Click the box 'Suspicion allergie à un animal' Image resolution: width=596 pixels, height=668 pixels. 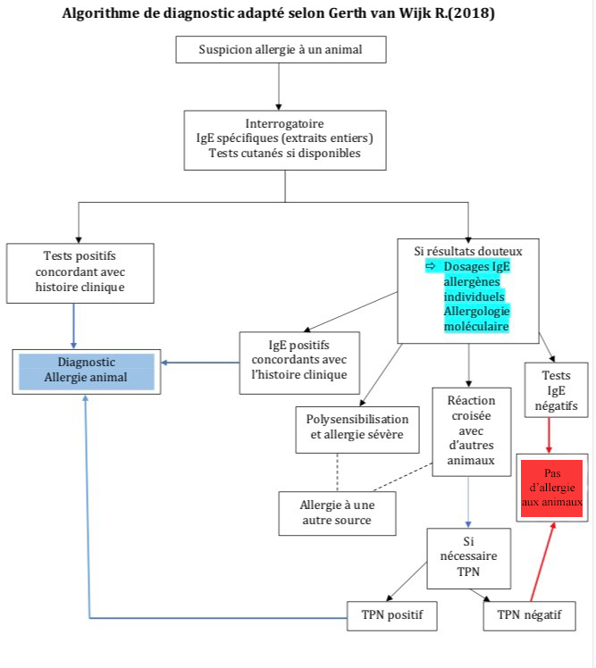(x=281, y=49)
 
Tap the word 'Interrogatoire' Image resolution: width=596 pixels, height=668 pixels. (x=284, y=123)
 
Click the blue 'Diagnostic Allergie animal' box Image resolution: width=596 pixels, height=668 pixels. (x=86, y=372)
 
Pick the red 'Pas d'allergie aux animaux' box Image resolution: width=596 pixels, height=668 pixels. (x=552, y=488)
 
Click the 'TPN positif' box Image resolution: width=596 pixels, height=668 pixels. (x=391, y=615)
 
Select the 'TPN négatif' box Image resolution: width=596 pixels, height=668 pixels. (x=529, y=615)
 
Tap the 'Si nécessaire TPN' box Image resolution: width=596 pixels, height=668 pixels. (x=468, y=558)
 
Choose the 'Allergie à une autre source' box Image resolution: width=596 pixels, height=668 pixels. (x=337, y=514)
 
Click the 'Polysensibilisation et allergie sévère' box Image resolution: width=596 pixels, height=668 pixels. (x=357, y=430)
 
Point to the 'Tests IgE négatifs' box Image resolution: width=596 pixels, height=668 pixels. (x=556, y=389)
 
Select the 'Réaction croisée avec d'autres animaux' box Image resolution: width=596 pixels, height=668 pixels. (x=472, y=431)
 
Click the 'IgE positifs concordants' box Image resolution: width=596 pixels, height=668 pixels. (x=299, y=363)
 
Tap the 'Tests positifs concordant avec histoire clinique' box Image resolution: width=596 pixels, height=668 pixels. (x=80, y=273)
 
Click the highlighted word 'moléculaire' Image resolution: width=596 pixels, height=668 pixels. (x=476, y=327)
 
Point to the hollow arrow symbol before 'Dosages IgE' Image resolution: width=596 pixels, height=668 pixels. (x=431, y=266)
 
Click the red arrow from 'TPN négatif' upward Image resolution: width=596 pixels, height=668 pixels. (x=542, y=562)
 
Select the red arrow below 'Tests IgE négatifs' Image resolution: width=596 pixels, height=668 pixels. (x=550, y=436)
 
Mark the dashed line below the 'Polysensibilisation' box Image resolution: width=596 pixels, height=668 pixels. (x=337, y=472)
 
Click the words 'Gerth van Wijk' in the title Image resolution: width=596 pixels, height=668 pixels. (x=380, y=13)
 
